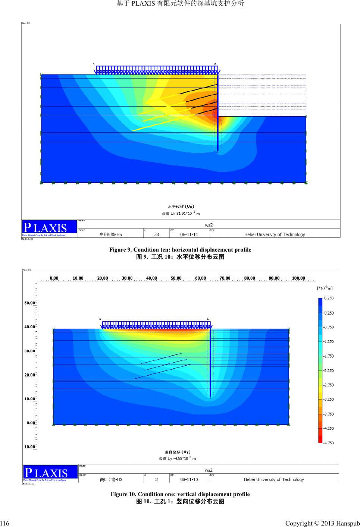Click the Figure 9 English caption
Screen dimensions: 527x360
[x=180, y=250]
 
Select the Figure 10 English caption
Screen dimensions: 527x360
[x=180, y=494]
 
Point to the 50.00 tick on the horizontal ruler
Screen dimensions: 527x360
[x=176, y=278]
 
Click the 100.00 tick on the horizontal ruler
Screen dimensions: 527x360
[x=298, y=278]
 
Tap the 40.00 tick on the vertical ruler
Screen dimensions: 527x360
[x=29, y=327]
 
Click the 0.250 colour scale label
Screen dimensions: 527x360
[x=329, y=298]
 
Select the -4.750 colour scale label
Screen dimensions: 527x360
[x=328, y=443]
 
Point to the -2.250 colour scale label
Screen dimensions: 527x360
[x=328, y=370]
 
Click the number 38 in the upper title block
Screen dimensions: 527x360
[x=156, y=234]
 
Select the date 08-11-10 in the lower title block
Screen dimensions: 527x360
[x=189, y=480]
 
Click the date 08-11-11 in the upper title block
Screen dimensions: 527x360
[x=189, y=234]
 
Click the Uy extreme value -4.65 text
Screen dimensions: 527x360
[x=178, y=458]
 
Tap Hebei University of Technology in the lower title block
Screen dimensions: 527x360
[x=274, y=480]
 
